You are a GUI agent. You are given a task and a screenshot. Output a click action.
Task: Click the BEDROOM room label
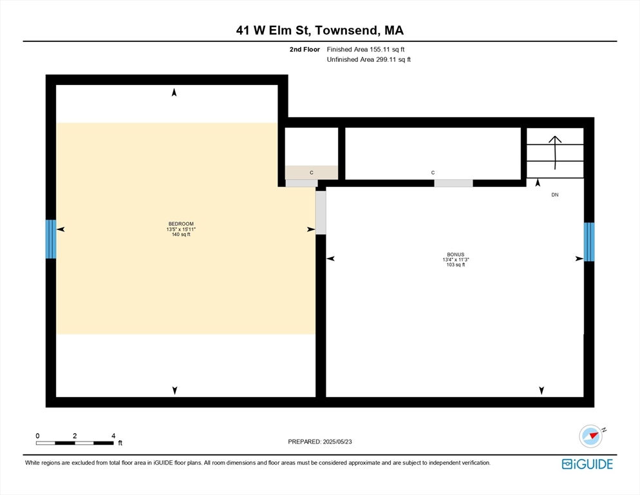[181, 224]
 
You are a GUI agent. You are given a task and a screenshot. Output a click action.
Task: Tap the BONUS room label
[455, 254]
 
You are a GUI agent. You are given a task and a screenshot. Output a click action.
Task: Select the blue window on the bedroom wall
[51, 239]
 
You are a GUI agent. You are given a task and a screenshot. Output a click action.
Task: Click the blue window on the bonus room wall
[589, 242]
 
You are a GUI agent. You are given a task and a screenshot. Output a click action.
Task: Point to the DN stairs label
[555, 195]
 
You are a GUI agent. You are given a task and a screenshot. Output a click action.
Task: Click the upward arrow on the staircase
[555, 153]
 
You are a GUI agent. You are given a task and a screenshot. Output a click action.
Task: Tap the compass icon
[591, 436]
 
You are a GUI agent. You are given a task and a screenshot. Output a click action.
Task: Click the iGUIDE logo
[587, 464]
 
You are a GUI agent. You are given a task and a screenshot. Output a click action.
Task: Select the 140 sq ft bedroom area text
[181, 234]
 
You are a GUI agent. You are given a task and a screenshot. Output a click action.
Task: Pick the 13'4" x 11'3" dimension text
[455, 260]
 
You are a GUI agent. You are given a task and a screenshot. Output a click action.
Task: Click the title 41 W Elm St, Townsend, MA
[320, 30]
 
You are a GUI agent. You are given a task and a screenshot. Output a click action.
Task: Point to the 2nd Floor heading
[305, 50]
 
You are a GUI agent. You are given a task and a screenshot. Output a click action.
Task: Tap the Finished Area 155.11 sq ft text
[366, 50]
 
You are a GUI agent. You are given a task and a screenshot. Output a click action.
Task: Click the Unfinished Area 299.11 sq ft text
[368, 60]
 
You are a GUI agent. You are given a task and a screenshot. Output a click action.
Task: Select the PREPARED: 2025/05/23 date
[320, 442]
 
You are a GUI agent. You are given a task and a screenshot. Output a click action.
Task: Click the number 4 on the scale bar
[113, 436]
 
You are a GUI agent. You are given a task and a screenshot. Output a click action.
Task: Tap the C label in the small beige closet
[312, 173]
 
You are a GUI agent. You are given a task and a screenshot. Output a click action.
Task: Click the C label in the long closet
[433, 173]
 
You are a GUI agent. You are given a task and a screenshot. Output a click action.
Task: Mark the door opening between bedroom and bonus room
[321, 213]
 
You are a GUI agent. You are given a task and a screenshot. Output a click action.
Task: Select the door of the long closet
[453, 183]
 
